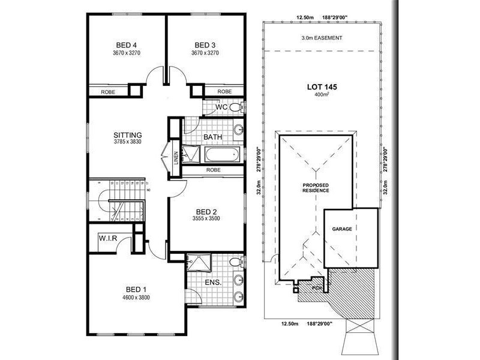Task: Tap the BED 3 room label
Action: coord(205,45)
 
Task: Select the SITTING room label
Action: coord(127,135)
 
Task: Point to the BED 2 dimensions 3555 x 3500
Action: coord(206,219)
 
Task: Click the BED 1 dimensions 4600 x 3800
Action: coord(136,297)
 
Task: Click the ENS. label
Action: coord(213,282)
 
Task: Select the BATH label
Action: coord(213,137)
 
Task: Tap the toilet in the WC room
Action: coord(235,107)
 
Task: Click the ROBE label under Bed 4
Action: coord(109,92)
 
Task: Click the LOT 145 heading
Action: coord(322,87)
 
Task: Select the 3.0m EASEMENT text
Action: coord(322,38)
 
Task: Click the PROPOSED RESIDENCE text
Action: coord(315,188)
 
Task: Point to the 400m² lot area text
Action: coord(322,95)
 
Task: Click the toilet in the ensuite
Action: coord(237,263)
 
